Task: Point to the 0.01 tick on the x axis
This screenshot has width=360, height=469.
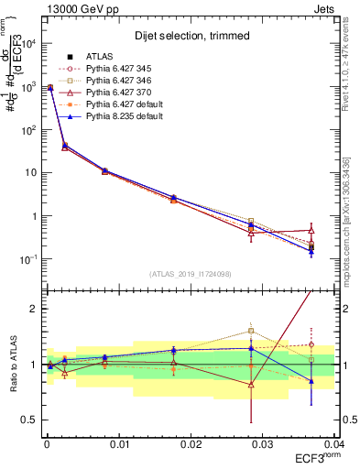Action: click(x=119, y=443)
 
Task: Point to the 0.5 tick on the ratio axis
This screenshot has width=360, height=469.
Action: click(x=34, y=420)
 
